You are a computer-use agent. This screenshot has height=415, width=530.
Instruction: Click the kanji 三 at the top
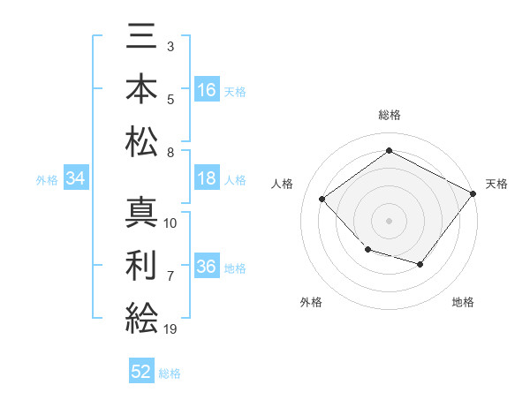coord(141,36)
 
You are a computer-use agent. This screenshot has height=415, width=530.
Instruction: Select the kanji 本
coord(141,88)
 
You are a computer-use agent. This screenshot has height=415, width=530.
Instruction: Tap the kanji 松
coord(141,141)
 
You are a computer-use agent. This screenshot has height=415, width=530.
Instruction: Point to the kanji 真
coord(141,212)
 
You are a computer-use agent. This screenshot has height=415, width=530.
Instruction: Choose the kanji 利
coord(140,265)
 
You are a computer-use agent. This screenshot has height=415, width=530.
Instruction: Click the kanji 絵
coord(141,318)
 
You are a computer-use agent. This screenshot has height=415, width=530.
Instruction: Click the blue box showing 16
coord(207,89)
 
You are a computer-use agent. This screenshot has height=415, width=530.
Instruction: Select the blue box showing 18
coord(207,177)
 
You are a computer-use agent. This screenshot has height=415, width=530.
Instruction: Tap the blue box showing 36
coord(207,265)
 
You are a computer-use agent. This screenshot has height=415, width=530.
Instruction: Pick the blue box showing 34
coord(76,177)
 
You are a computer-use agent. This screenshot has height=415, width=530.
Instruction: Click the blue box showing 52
coord(141,370)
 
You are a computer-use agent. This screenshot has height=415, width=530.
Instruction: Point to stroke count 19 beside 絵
coord(170,328)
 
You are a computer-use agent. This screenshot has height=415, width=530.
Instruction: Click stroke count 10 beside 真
coord(170,223)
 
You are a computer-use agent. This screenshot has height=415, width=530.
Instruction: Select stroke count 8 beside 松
coord(170,153)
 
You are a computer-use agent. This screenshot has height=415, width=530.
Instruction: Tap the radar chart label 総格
coord(390,115)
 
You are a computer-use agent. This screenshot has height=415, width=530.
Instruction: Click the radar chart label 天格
coord(496,184)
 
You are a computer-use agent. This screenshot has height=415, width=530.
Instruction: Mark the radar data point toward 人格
coord(322,199)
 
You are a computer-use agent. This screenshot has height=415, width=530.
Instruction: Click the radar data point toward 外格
coord(368,249)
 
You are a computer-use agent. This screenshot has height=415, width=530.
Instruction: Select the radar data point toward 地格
coord(420,264)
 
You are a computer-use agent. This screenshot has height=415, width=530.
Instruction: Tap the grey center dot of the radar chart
coord(389,221)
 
